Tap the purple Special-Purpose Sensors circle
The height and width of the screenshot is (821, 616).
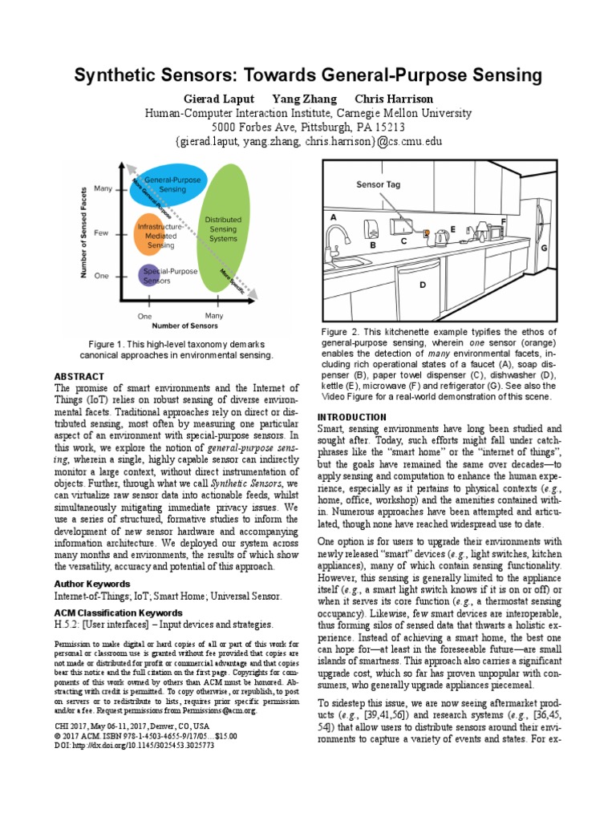(x=149, y=275)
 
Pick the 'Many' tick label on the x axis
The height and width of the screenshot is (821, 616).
(x=213, y=316)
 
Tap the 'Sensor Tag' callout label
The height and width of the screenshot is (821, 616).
(x=378, y=184)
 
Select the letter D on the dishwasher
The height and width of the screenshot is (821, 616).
(x=423, y=284)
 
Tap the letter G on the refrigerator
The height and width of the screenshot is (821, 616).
(x=544, y=248)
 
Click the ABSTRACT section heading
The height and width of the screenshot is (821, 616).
(x=79, y=376)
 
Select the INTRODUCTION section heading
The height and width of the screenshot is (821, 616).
(x=352, y=417)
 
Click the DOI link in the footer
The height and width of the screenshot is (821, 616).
(x=134, y=745)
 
